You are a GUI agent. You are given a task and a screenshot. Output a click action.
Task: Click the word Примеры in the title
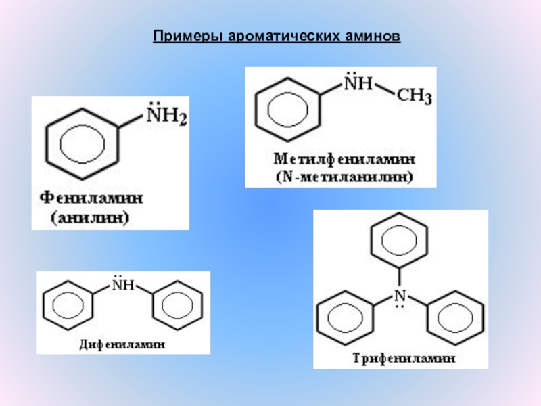point(181,34)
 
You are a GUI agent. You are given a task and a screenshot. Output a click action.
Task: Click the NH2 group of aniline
point(167,118)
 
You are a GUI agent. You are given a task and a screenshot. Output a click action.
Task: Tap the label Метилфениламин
point(344,160)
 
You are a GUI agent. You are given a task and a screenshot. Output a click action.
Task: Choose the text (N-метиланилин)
point(344,177)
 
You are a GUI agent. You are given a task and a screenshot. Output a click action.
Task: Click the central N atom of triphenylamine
point(400,296)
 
